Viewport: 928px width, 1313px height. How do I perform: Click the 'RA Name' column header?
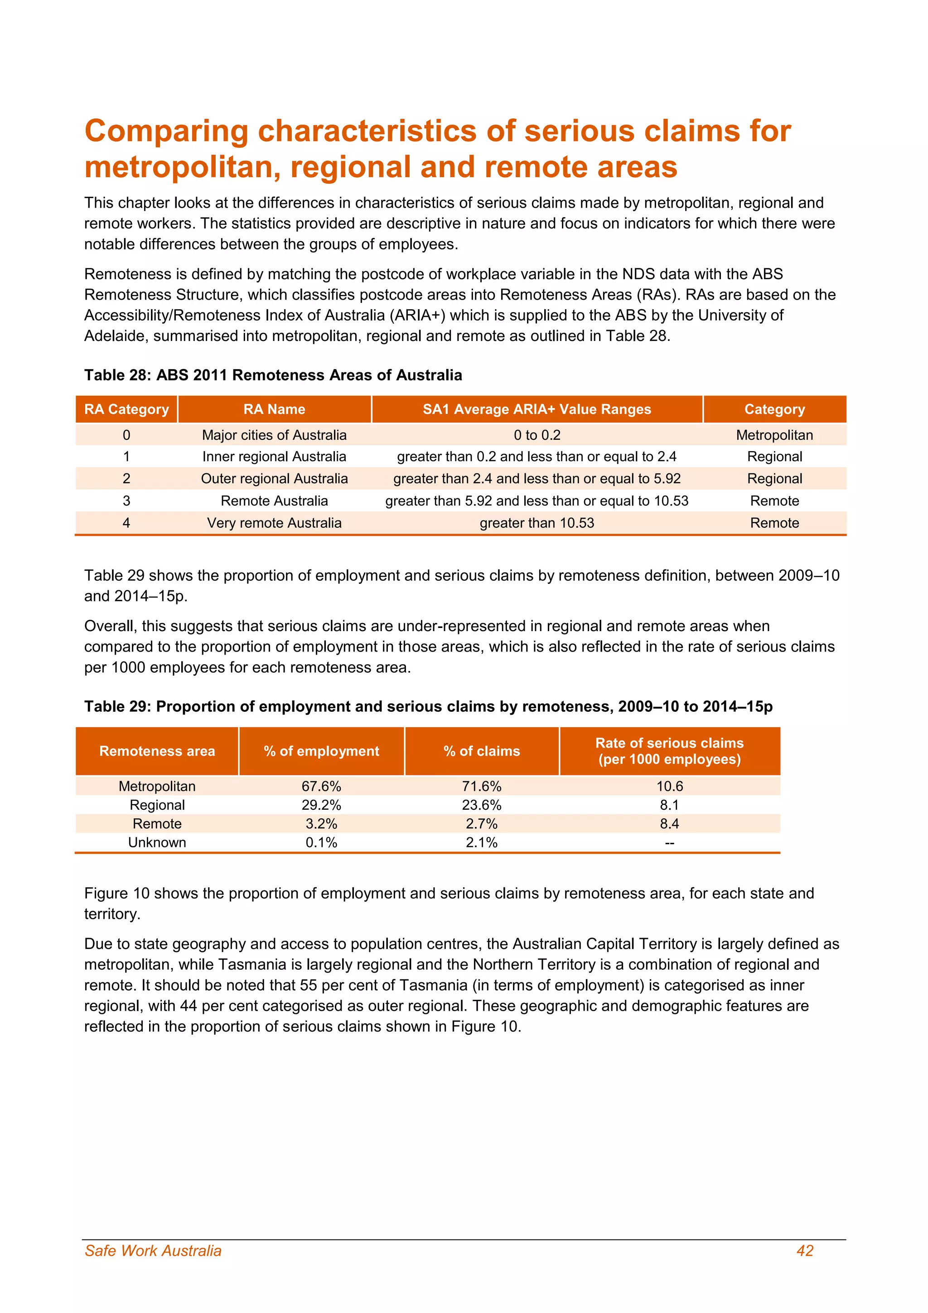[x=274, y=409]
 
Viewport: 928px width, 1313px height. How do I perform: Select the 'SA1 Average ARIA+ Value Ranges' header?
[x=536, y=409]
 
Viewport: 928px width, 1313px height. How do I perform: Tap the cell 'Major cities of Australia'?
[x=274, y=435]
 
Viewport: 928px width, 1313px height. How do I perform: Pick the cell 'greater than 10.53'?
[x=536, y=523]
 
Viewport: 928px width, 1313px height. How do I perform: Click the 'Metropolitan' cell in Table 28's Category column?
[x=774, y=435]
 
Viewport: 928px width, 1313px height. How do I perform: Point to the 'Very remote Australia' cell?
[x=274, y=523]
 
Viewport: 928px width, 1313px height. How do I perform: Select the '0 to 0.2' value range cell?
[x=536, y=435]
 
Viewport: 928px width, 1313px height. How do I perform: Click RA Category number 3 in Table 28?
[x=126, y=501]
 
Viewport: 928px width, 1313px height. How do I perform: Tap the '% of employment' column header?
[x=321, y=751]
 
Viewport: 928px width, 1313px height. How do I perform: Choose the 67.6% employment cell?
[x=321, y=786]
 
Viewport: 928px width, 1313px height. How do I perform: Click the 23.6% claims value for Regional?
[x=481, y=805]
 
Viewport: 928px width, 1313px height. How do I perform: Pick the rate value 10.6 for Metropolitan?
[x=669, y=786]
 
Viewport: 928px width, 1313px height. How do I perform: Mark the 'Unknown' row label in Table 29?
[x=157, y=842]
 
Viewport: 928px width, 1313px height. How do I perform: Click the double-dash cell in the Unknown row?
[x=669, y=843]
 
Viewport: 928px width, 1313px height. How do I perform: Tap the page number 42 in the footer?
[x=805, y=1251]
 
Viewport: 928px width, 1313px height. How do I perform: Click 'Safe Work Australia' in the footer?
[x=153, y=1251]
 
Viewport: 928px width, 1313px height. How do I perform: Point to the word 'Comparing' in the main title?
[x=166, y=131]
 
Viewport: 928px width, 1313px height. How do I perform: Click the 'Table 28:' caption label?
[x=118, y=375]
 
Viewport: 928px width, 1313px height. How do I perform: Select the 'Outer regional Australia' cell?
[x=274, y=479]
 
